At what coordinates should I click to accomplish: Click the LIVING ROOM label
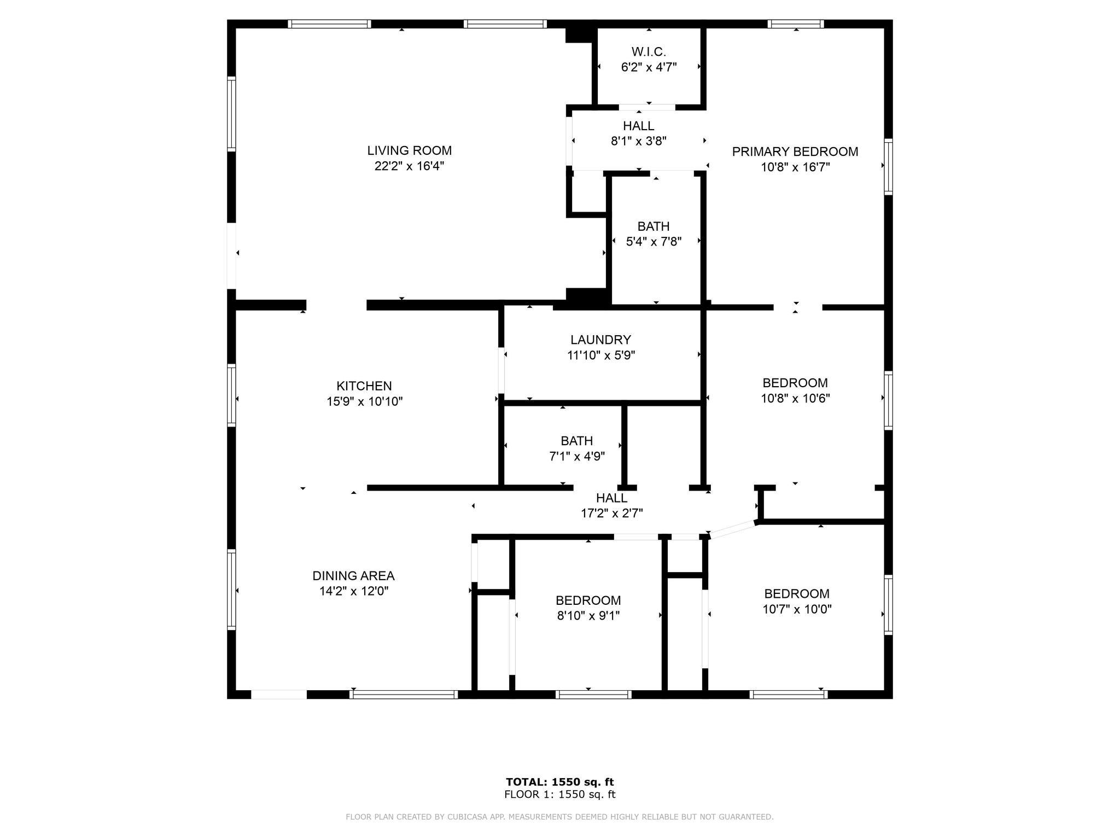coord(409,150)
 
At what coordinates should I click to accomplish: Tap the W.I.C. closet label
coord(649,52)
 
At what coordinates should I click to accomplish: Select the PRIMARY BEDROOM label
coord(795,151)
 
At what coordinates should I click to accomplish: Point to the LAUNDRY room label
coord(600,340)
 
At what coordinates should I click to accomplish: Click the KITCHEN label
coord(364,386)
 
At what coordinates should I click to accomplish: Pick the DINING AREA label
coord(353,575)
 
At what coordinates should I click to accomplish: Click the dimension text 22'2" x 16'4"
coord(409,166)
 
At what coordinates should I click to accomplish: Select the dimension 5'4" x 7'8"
coord(654,241)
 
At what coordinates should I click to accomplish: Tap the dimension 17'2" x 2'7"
coord(611,513)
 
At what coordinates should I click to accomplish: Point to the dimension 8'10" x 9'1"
coord(588,616)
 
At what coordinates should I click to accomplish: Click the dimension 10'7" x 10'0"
coord(797,609)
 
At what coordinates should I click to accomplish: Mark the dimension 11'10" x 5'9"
coord(600,355)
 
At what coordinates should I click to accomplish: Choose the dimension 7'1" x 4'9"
coord(577,456)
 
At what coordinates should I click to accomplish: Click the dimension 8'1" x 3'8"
coord(638,141)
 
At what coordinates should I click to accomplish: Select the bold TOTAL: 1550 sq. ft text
coord(560,781)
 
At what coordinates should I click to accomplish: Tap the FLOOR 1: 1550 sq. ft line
coord(560,794)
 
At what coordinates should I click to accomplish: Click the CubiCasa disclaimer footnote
coord(559,816)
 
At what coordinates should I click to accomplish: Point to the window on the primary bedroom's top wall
coord(796,24)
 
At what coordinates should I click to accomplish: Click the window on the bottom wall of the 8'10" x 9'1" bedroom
coord(593,695)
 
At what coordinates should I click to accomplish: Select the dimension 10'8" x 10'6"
coord(795,398)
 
